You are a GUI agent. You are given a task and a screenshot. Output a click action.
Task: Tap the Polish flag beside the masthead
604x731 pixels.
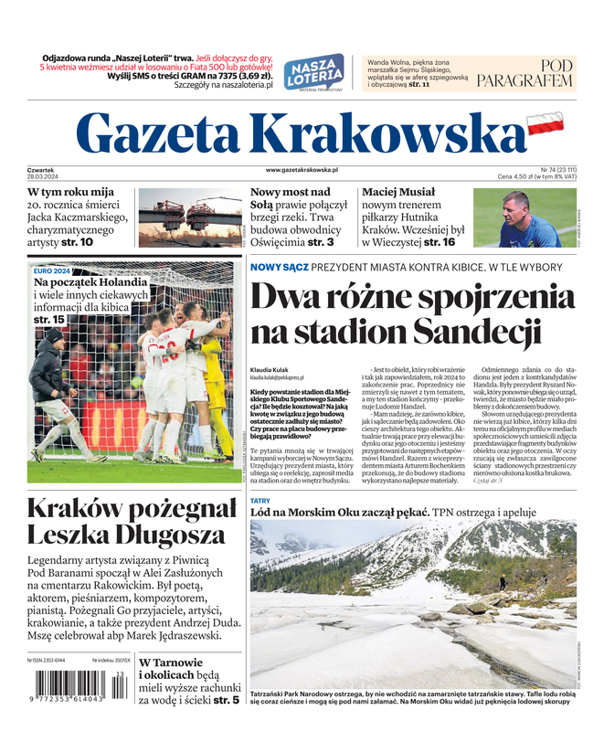point(547,122)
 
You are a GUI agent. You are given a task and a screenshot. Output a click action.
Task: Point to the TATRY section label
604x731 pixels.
point(260,502)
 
